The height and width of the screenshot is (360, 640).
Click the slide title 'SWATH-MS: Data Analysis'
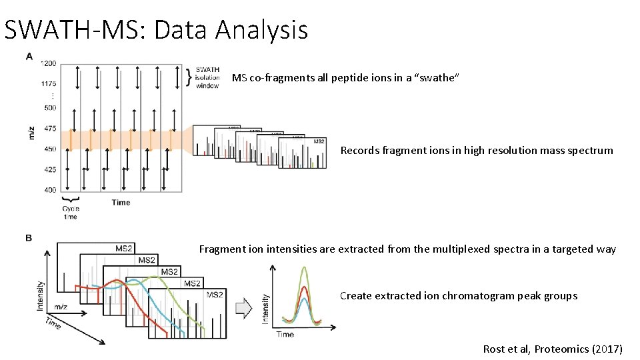tap(156, 31)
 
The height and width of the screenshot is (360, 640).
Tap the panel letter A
tap(29, 57)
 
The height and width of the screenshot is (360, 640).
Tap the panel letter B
tap(29, 238)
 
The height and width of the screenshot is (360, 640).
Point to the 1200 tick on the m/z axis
tap(49, 64)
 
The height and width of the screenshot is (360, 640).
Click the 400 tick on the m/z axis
tap(50, 190)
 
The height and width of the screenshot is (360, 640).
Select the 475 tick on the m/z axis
tap(50, 129)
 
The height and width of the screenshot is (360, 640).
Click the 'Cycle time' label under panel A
tap(70, 213)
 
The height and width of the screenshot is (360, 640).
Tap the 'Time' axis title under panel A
tap(121, 202)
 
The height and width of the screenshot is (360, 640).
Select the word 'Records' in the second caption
tap(360, 151)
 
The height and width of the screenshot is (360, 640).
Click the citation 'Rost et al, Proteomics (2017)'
tap(553, 349)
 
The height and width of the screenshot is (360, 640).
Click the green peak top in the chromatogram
tap(305, 267)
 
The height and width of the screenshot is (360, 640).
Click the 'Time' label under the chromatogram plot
tap(285, 334)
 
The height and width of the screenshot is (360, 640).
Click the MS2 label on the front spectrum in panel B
tap(215, 295)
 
